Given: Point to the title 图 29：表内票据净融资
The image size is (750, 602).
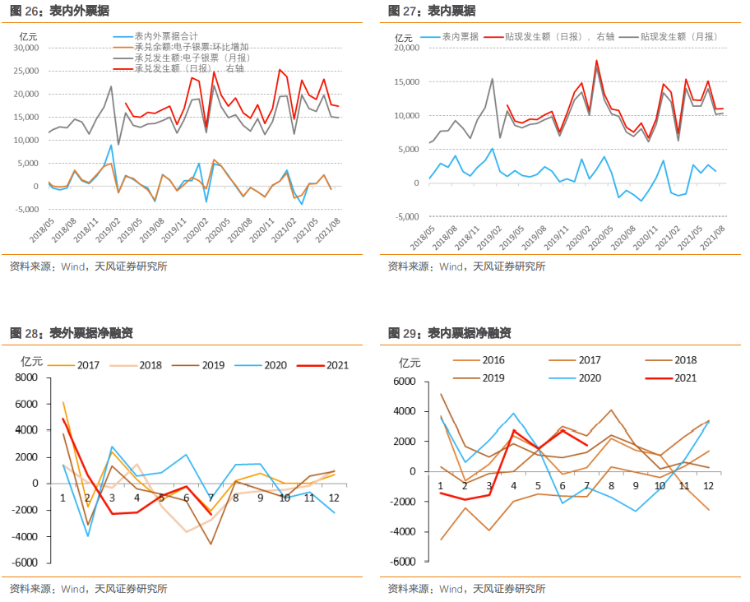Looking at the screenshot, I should pyautogui.click(x=449, y=333).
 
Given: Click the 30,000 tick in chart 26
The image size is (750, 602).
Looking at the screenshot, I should pyautogui.click(x=26, y=48).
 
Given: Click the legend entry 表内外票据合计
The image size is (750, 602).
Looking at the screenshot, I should pyautogui.click(x=165, y=37).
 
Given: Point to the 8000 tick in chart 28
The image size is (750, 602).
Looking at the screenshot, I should pyautogui.click(x=26, y=377).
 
